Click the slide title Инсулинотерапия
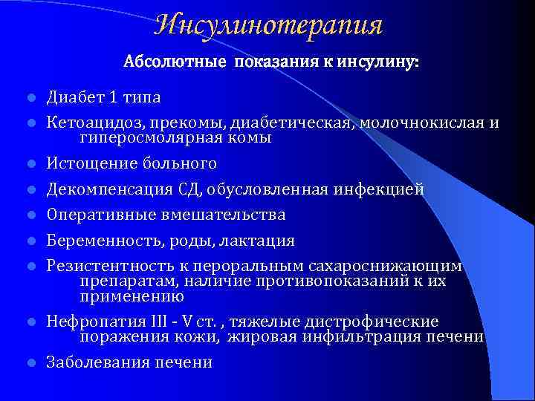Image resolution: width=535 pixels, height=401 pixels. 268,25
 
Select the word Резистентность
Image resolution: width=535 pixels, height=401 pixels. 100,266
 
